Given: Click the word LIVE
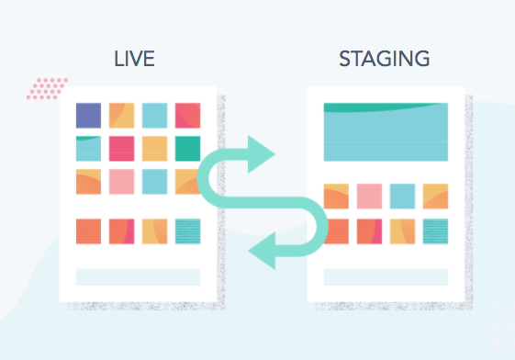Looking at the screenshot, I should coord(134,60).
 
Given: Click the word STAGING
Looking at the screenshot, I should coord(384,60).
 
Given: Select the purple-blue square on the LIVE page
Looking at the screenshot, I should coord(89,116).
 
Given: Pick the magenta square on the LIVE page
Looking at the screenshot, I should coord(122,148).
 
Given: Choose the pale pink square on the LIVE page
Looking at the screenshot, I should coord(122,181).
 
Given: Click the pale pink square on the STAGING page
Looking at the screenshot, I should coord(369,196).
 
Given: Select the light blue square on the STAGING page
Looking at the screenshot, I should coord(402,196).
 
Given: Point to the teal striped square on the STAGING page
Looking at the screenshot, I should coord(435,231).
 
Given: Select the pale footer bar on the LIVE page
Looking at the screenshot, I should coord(138,276).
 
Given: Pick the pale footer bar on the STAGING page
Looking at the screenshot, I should coord(386,276).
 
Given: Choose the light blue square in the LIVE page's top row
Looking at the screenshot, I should coord(154,116).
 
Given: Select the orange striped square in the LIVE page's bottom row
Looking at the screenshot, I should coord(89,231).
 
